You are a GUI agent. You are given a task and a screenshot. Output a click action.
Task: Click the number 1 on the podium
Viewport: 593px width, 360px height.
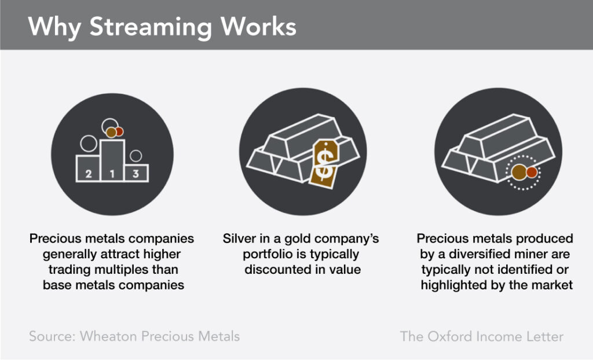[112, 173]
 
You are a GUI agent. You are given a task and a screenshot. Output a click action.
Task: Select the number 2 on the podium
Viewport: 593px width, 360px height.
[89, 173]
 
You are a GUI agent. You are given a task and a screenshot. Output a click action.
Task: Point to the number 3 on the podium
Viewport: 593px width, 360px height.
[136, 173]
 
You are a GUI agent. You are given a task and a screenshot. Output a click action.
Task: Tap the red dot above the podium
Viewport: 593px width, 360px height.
[119, 131]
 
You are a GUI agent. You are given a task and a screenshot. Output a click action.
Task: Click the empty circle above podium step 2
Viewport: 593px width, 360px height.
[89, 143]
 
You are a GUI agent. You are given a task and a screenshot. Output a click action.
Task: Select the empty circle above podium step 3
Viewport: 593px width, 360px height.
[136, 156]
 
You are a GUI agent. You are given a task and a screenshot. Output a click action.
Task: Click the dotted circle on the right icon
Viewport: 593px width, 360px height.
[523, 172]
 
